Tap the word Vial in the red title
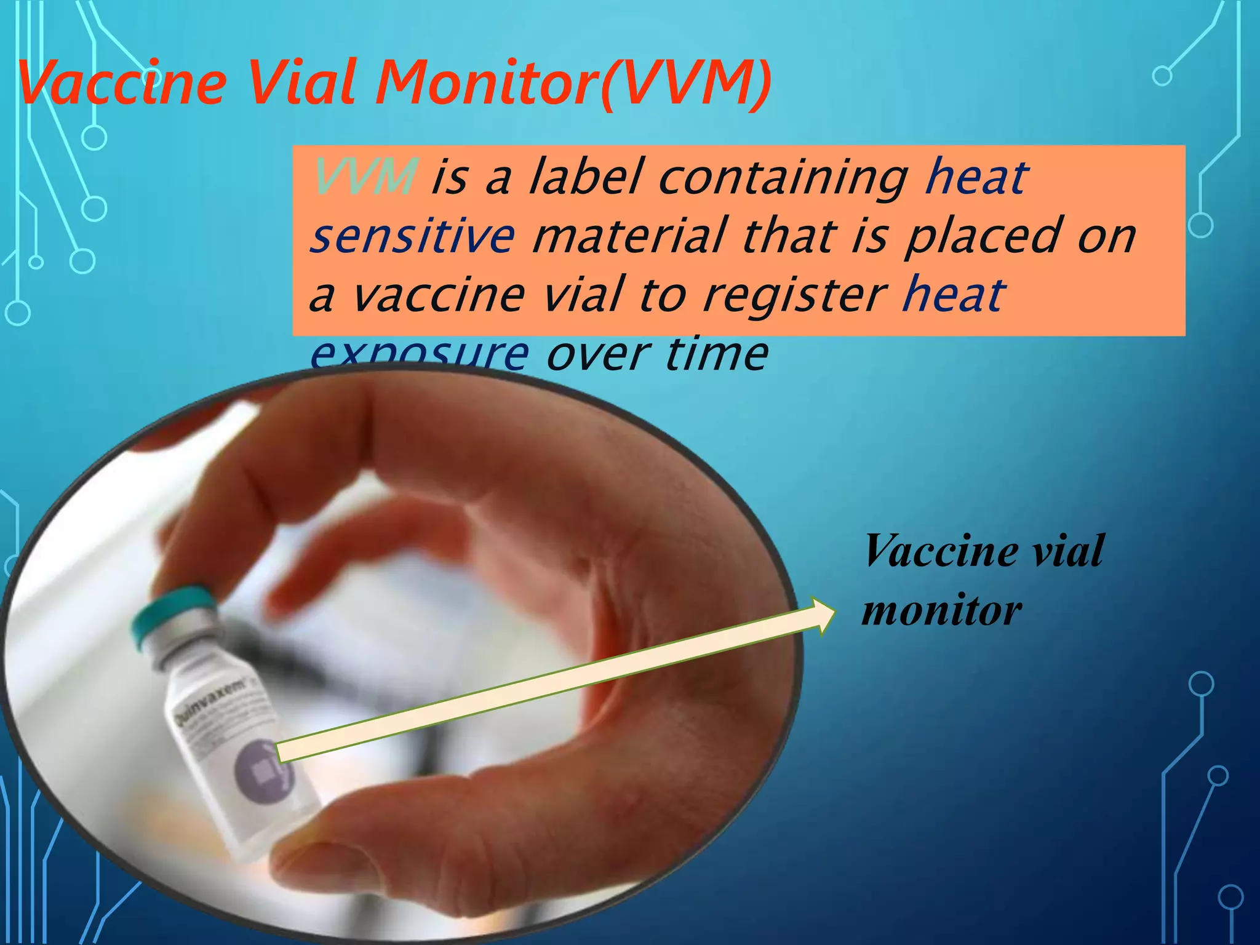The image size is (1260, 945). [301, 83]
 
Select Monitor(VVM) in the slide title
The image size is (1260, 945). [572, 83]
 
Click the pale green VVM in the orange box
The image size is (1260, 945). [364, 177]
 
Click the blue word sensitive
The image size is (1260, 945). [412, 236]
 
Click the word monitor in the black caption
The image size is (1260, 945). [941, 610]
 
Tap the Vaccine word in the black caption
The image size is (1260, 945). [941, 551]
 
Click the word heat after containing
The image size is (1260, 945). [976, 177]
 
